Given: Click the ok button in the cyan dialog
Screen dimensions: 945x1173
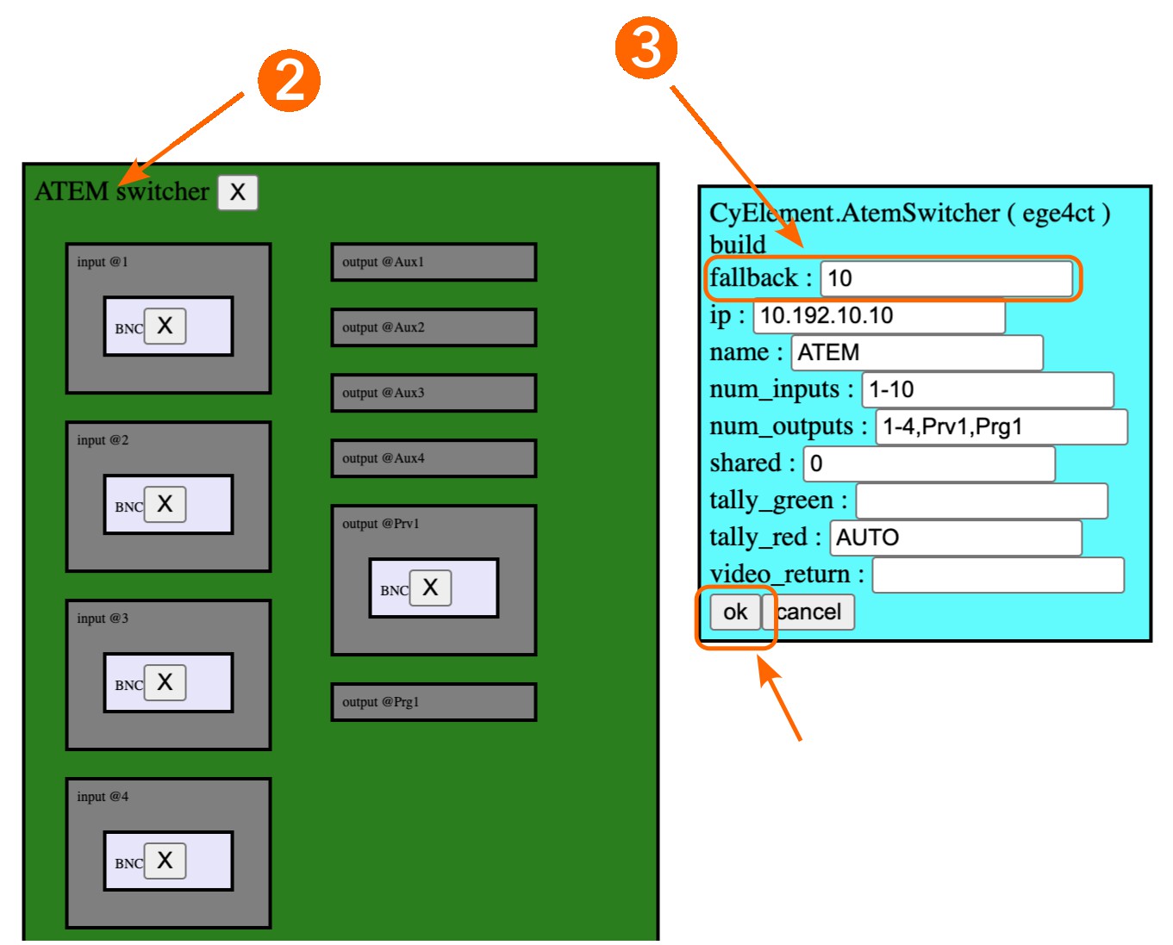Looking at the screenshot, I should tap(734, 612).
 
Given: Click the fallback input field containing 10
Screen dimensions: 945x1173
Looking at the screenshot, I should tap(945, 278).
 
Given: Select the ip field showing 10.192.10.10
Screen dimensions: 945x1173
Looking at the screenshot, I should tap(878, 316).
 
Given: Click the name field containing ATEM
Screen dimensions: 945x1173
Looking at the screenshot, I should tap(916, 353).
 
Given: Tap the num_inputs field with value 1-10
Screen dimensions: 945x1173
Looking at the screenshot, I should tap(987, 390).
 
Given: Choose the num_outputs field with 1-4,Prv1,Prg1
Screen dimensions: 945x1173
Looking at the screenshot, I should tap(1001, 427).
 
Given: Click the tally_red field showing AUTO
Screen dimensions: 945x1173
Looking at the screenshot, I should tap(955, 538).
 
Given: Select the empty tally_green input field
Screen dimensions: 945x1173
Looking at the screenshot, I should tap(981, 501).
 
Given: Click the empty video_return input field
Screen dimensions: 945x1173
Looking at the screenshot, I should tap(997, 575).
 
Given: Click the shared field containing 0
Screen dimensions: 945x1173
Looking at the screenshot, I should tap(928, 464).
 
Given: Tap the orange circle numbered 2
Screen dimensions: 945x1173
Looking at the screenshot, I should tap(290, 81).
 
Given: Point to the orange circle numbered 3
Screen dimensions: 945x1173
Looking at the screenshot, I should tap(646, 48).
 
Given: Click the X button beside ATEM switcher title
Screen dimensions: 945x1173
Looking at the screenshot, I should tap(238, 192).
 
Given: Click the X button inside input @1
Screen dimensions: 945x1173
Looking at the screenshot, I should tap(165, 326).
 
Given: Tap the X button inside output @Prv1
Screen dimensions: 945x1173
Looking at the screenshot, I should tap(430, 588).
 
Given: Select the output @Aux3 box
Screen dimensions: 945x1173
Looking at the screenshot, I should tap(434, 393).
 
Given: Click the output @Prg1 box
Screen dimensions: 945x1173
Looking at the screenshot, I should tap(434, 702).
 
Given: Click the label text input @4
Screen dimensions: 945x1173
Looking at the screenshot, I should tap(103, 797).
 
